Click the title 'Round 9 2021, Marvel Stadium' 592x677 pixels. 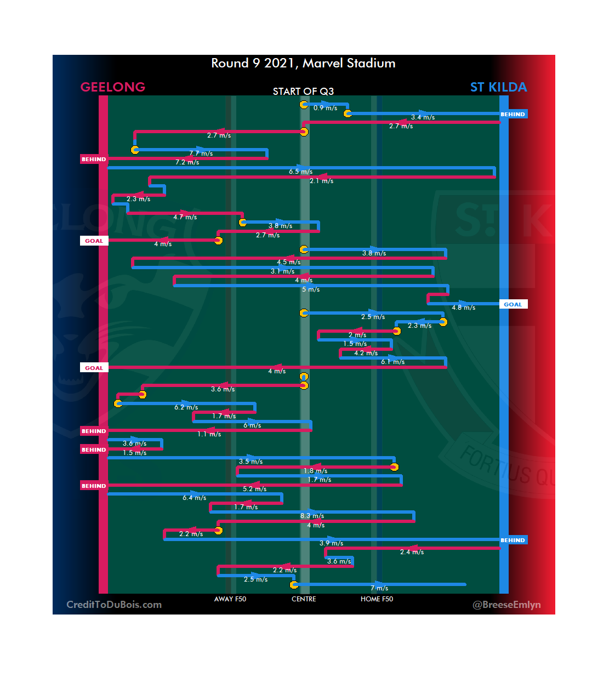tap(303, 64)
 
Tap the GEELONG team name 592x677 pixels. tap(113, 87)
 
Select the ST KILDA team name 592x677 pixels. tap(498, 87)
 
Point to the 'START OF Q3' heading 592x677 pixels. tap(303, 92)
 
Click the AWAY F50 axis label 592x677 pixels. tap(230, 599)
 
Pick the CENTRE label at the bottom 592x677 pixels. tap(304, 599)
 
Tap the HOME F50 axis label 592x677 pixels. tap(377, 599)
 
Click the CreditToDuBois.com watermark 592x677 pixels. tap(114, 605)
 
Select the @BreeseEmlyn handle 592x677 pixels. tap(506, 605)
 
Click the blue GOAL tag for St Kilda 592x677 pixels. tap(513, 304)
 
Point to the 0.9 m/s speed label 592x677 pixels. tap(325, 109)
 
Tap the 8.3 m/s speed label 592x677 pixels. tap(312, 516)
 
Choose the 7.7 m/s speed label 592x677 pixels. tap(201, 153)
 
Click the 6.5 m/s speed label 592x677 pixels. tap(300, 172)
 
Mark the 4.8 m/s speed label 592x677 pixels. tap(463, 308)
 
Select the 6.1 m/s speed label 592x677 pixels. tap(392, 362)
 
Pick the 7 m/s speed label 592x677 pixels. tap(379, 588)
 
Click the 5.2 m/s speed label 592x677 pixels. tap(254, 489)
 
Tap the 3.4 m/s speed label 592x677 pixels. tap(423, 117)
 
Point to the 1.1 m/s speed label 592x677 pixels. tap(209, 434)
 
